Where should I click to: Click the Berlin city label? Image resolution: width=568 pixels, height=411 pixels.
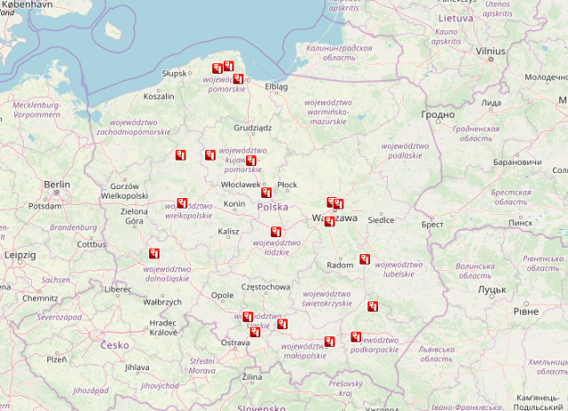point(56,185)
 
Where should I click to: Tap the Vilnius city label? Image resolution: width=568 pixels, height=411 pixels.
point(489,51)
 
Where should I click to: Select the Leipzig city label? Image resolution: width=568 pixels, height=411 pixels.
point(19,255)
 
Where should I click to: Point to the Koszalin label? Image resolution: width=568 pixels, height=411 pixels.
point(158,96)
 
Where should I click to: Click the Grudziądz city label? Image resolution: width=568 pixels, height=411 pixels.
point(252,127)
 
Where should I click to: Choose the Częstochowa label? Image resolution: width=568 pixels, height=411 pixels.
point(265,287)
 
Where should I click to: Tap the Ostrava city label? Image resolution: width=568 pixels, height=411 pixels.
point(235,342)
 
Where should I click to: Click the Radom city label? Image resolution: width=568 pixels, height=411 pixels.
point(340,265)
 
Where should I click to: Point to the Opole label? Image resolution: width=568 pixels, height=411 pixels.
point(223,296)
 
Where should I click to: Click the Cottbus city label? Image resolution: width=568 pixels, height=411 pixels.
point(91,244)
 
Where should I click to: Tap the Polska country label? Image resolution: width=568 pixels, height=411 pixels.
point(272,207)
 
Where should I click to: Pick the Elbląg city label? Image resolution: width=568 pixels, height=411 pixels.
point(276,87)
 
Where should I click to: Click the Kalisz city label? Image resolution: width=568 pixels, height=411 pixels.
point(228,232)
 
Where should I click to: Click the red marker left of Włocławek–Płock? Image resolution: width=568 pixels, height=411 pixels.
point(265,192)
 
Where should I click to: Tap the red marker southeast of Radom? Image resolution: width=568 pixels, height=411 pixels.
point(364,259)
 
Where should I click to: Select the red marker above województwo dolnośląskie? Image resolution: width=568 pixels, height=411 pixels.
point(154,254)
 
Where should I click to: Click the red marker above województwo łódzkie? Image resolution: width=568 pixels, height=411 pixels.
point(276,233)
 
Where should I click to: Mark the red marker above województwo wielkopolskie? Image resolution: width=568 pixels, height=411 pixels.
point(182,202)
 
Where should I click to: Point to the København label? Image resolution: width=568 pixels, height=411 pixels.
point(27,4)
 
